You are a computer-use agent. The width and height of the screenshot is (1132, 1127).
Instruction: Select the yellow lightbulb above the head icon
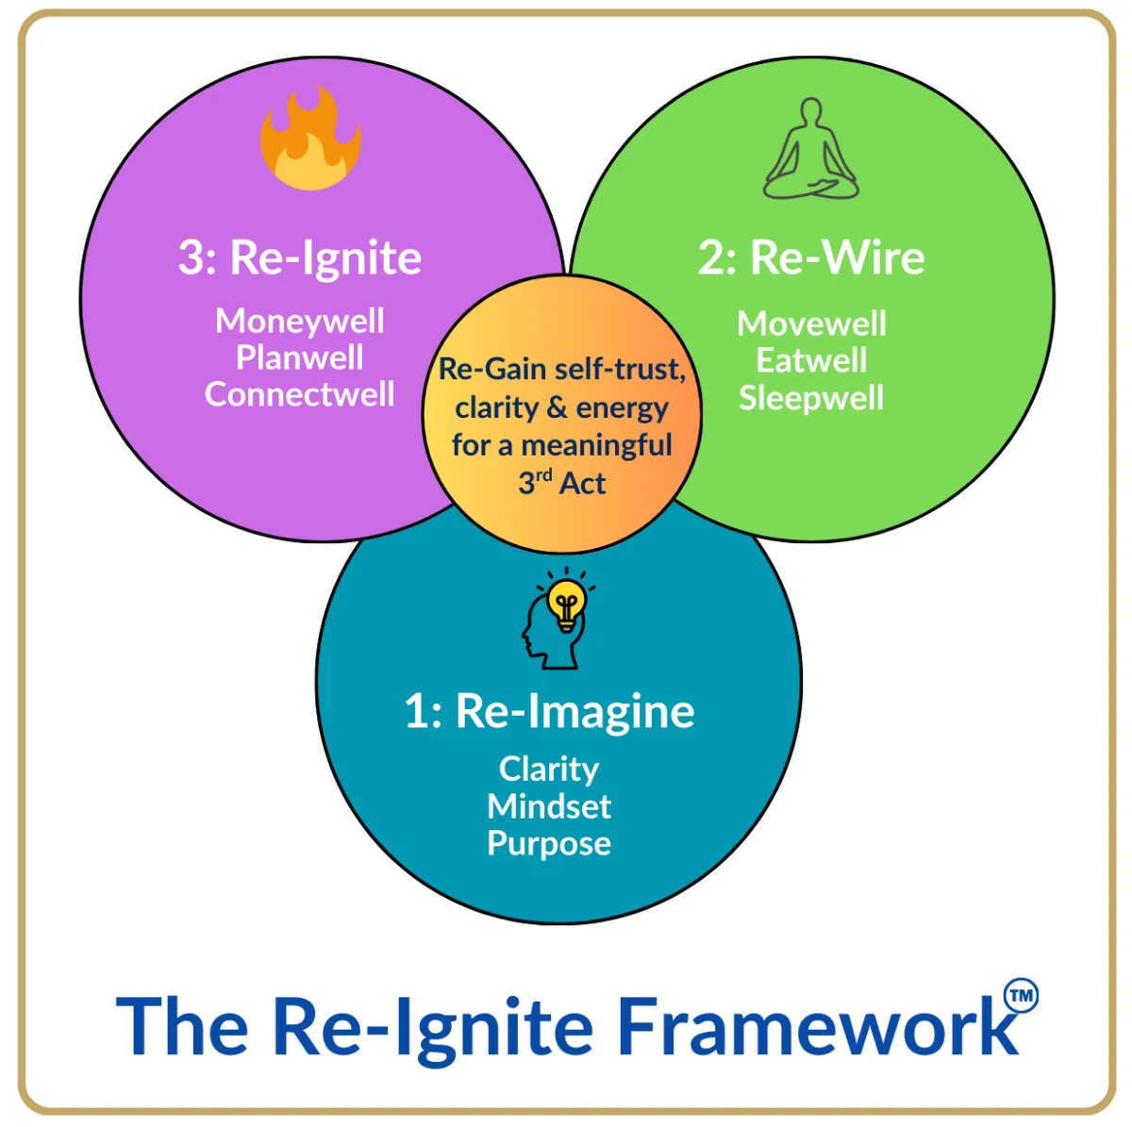pos(566,601)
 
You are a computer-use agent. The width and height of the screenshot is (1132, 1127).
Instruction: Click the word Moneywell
pos(300,321)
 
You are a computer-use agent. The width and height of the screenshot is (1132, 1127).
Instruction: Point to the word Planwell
pos(300,357)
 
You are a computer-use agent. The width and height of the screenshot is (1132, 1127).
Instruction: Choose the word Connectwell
pos(300,394)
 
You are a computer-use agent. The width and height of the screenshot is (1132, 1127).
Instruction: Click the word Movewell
pos(811,323)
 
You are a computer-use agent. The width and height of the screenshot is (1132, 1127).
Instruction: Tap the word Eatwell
pos(811,360)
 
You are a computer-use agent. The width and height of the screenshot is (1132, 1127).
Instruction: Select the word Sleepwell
pos(811,397)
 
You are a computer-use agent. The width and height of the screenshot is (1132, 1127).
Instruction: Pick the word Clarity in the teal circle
pos(549,769)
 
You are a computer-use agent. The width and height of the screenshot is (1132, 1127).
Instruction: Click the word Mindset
pos(549,806)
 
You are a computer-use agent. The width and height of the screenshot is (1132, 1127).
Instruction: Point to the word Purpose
pos(549,843)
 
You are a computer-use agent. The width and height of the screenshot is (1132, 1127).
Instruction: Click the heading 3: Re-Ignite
pos(300,257)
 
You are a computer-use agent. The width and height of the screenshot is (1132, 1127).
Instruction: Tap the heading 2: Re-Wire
pos(811,257)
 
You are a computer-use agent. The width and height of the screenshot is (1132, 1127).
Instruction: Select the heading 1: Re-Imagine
pos(549,711)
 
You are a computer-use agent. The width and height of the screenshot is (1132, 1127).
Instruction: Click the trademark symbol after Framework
pos(1021,996)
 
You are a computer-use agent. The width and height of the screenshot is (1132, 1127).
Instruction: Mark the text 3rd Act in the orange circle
pos(562,483)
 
